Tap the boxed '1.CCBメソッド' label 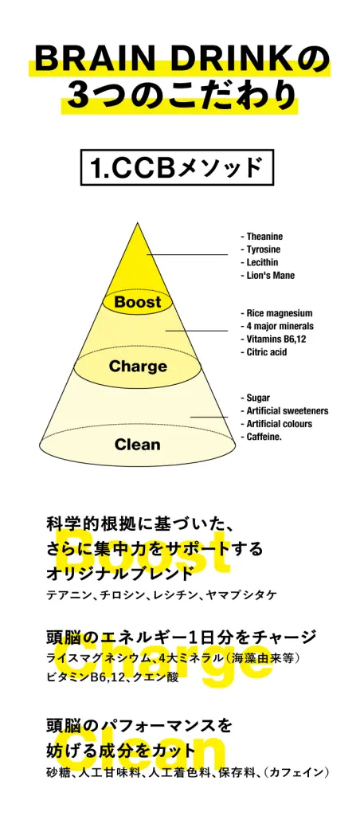177,167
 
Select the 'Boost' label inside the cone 138,302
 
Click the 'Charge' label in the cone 138,367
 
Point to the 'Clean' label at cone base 137,445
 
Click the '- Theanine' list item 262,236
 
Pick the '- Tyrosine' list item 260,249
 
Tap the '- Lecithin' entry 260,262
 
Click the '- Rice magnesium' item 276,313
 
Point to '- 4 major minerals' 277,326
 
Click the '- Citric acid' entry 264,352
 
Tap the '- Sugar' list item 256,398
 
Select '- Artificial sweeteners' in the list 284,411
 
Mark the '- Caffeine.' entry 261,437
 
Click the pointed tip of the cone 137,223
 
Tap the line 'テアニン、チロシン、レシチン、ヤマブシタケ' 162,594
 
